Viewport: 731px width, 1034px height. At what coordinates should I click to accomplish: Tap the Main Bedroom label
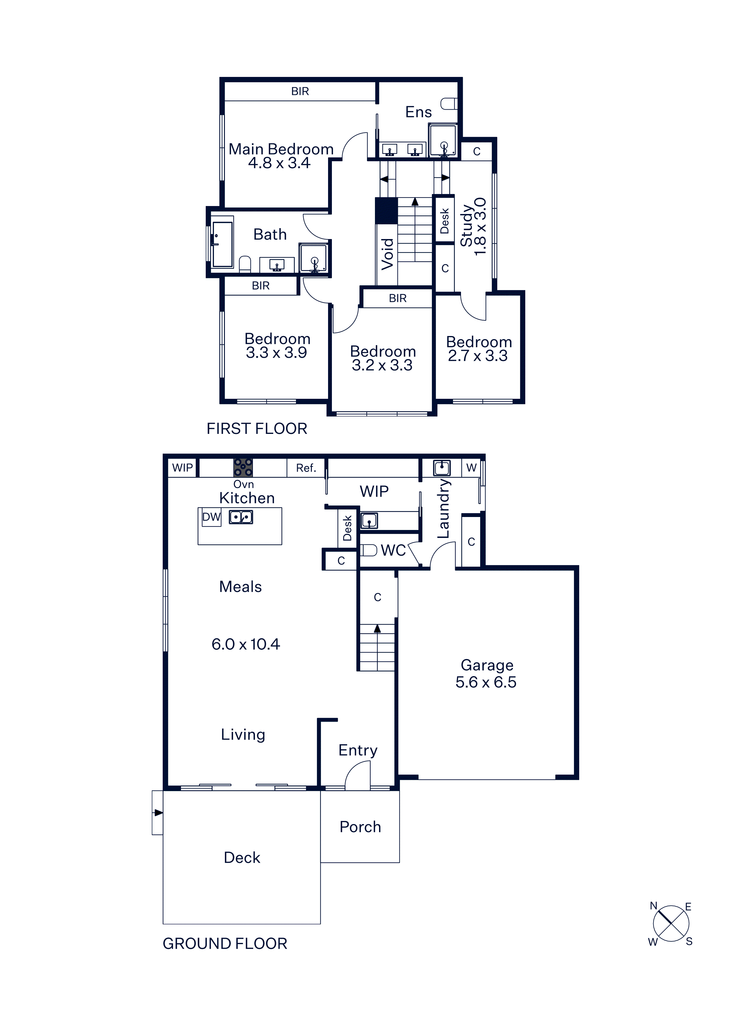click(x=281, y=149)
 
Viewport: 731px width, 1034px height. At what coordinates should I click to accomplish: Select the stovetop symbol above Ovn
click(x=243, y=467)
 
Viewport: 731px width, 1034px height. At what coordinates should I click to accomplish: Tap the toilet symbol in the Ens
click(x=449, y=103)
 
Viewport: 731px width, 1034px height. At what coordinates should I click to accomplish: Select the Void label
click(x=387, y=254)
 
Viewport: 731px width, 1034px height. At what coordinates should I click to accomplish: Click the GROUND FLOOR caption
click(x=225, y=944)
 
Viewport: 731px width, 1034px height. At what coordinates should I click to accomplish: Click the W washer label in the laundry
click(x=471, y=467)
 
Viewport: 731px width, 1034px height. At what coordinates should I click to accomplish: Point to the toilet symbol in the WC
click(x=368, y=550)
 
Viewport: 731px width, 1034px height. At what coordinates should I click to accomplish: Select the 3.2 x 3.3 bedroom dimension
click(x=382, y=365)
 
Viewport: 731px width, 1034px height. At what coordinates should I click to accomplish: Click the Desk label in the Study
click(x=444, y=221)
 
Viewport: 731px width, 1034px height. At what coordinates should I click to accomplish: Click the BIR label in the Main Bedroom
click(x=300, y=91)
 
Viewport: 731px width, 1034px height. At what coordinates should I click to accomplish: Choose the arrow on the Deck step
click(x=158, y=813)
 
